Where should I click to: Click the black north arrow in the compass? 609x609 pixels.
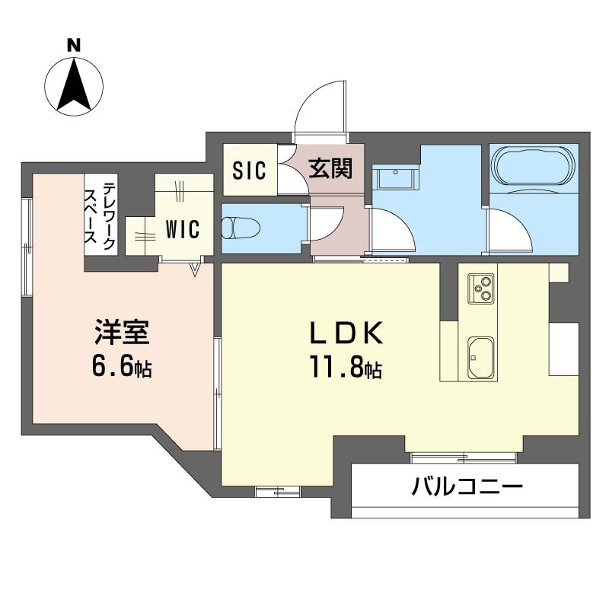[x=74, y=88]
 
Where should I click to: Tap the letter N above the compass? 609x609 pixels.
[x=74, y=45]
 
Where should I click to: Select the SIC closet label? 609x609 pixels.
[x=250, y=170]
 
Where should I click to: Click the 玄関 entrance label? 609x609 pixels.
[x=330, y=168]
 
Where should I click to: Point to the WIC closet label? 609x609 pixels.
[x=183, y=229]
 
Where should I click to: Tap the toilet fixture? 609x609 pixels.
[x=241, y=228]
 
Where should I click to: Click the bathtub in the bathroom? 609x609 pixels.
[x=534, y=165]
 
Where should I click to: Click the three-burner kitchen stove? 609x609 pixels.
[x=481, y=289]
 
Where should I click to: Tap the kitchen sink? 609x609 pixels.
[x=481, y=358]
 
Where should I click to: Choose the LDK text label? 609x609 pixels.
[x=346, y=333]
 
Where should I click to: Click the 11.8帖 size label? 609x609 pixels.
[x=346, y=368]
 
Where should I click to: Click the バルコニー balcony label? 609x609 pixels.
[x=467, y=486]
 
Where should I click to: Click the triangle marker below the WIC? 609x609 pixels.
[x=195, y=269]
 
